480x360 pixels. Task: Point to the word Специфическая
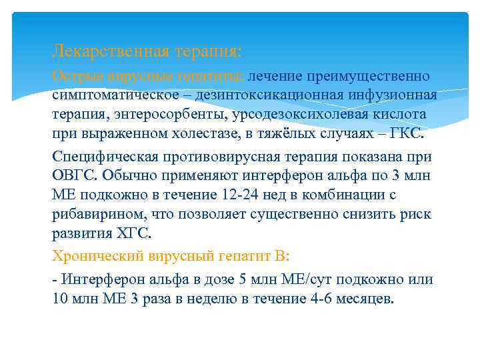point(105,157)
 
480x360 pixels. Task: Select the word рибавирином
point(94,214)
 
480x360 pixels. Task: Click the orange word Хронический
point(99,255)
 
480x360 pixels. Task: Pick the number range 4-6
point(323,299)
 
